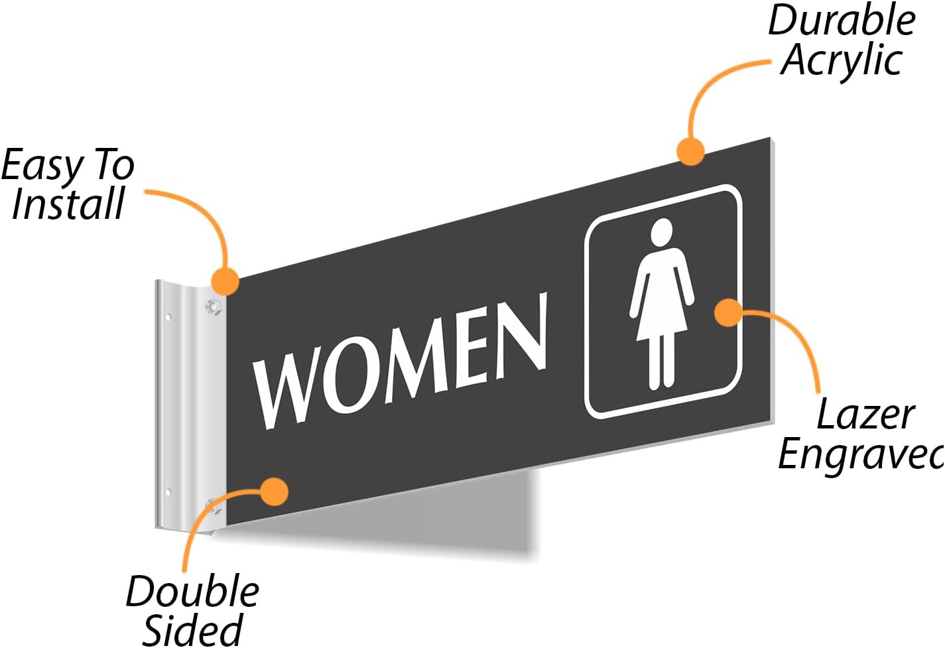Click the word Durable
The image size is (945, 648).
pyautogui.click(x=842, y=21)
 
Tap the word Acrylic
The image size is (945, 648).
pyautogui.click(x=842, y=61)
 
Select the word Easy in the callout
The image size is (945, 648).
pyautogui.click(x=42, y=166)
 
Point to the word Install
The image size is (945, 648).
pyautogui.click(x=68, y=204)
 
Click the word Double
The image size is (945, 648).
pyautogui.click(x=192, y=592)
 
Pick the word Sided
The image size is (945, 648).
pyautogui.click(x=192, y=629)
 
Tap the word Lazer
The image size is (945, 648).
pyautogui.click(x=865, y=416)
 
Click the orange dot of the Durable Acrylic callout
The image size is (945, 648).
pyautogui.click(x=691, y=151)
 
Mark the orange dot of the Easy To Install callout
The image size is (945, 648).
pyautogui.click(x=225, y=281)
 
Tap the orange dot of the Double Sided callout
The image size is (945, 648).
pyautogui.click(x=274, y=491)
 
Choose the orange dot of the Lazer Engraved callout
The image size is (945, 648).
pyautogui.click(x=729, y=312)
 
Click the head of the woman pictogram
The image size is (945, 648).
pyautogui.click(x=661, y=232)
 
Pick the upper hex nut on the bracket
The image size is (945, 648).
pyautogui.click(x=213, y=306)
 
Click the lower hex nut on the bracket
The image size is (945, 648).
pyautogui.click(x=214, y=509)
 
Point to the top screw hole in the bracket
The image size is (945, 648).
pyautogui.click(x=168, y=318)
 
